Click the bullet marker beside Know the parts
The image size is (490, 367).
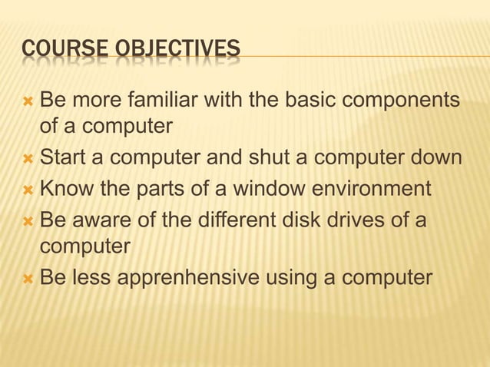coord(28,187)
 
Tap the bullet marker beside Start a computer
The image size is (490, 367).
coord(28,158)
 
